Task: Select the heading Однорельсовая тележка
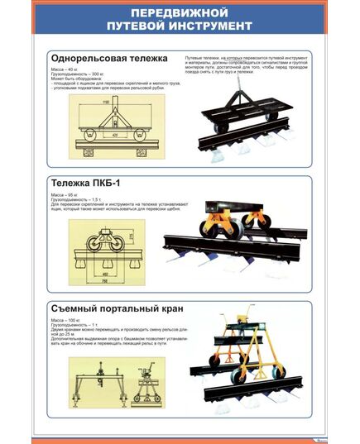(x=108, y=59)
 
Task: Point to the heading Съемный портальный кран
(x=116, y=308)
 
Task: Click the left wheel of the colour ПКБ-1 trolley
(x=202, y=232)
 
